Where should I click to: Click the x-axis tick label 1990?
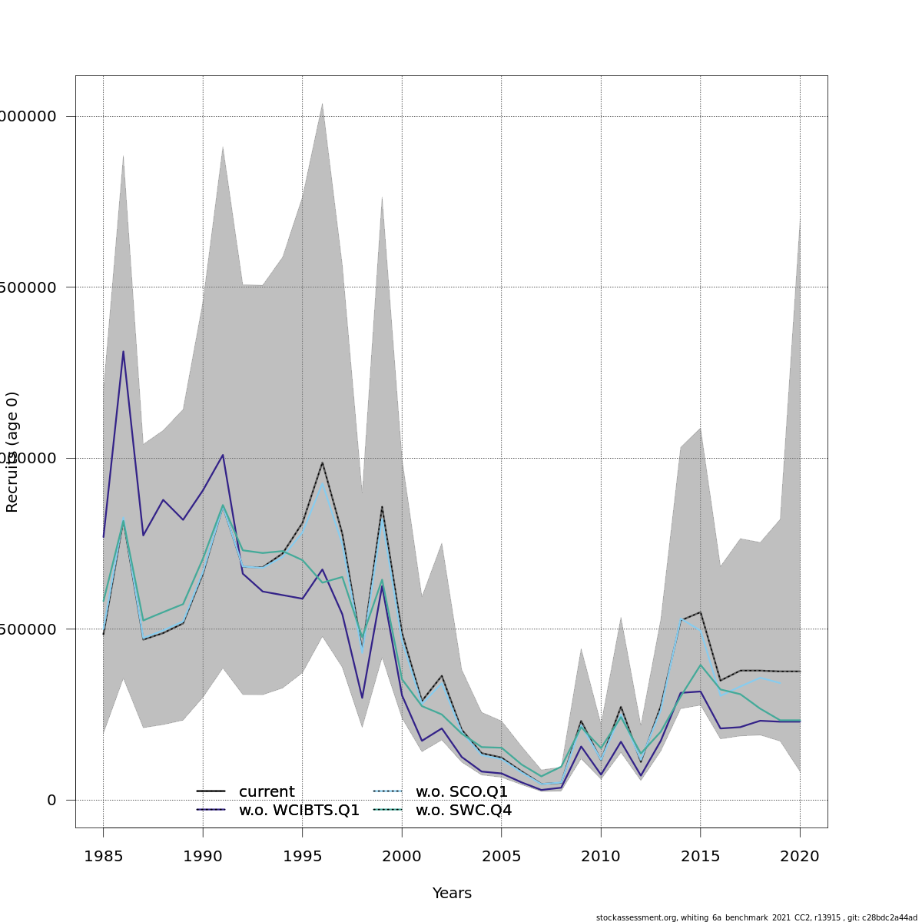click(x=203, y=857)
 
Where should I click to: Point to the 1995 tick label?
click(x=302, y=857)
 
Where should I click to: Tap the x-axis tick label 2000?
click(x=402, y=857)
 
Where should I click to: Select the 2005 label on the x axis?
click(x=501, y=857)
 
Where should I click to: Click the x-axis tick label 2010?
click(x=601, y=857)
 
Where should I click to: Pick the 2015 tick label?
click(x=700, y=857)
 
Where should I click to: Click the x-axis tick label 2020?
click(x=800, y=857)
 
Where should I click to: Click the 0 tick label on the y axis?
click(x=51, y=801)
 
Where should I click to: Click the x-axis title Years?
click(x=452, y=894)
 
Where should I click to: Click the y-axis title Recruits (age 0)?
click(x=12, y=452)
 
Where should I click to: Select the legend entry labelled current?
click(x=267, y=792)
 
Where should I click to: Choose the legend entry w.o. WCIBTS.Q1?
click(x=299, y=811)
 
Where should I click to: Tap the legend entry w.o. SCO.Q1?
click(x=462, y=792)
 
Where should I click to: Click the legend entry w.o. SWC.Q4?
click(x=463, y=811)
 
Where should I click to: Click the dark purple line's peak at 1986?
click(x=123, y=351)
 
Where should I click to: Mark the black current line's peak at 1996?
click(x=322, y=462)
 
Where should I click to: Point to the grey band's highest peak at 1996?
click(x=322, y=103)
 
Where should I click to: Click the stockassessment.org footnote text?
click(x=756, y=917)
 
